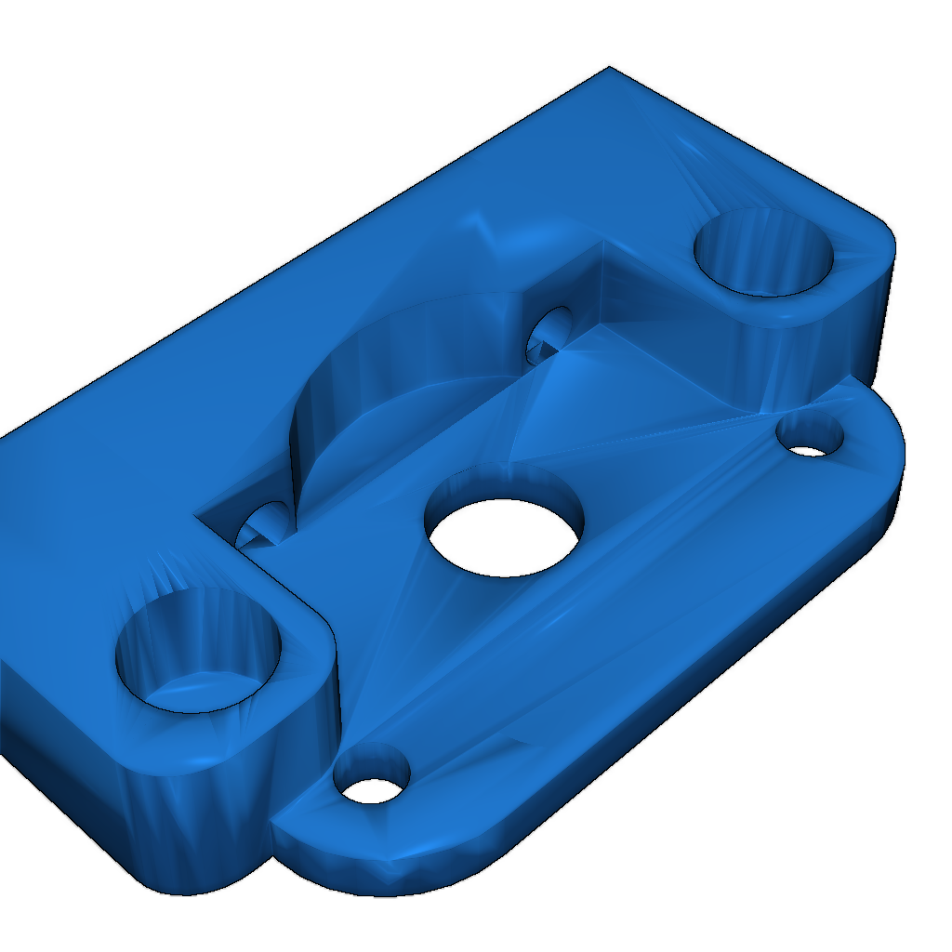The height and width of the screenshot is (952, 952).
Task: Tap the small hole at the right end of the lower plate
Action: (x=810, y=437)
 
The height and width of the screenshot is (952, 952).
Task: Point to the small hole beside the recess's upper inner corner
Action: (x=550, y=335)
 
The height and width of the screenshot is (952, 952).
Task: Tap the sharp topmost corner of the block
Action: (x=609, y=69)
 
